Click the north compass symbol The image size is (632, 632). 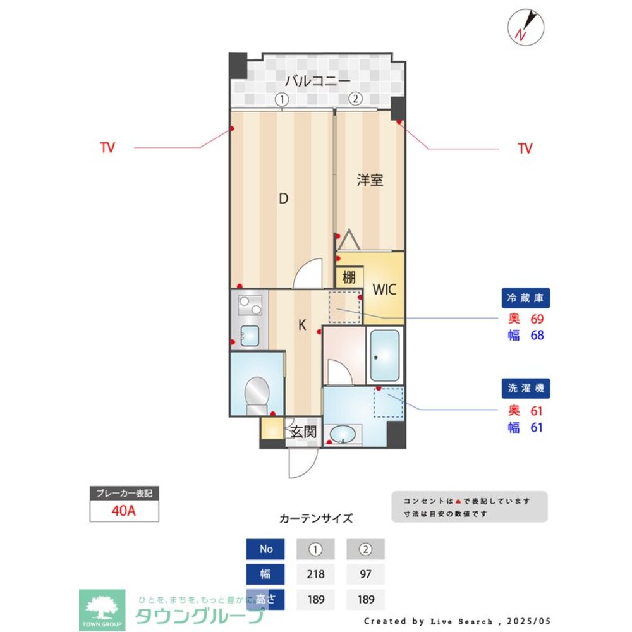526,27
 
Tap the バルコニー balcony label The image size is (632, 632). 317,81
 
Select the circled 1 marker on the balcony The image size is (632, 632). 281,99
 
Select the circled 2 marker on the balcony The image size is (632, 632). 356,99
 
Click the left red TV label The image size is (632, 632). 107,148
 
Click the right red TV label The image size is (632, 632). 525,149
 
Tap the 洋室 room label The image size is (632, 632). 370,180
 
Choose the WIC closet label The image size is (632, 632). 384,290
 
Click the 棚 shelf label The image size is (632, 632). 349,277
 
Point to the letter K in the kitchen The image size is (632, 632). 302,325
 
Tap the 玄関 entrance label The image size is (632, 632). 303,432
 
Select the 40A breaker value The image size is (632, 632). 124,511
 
